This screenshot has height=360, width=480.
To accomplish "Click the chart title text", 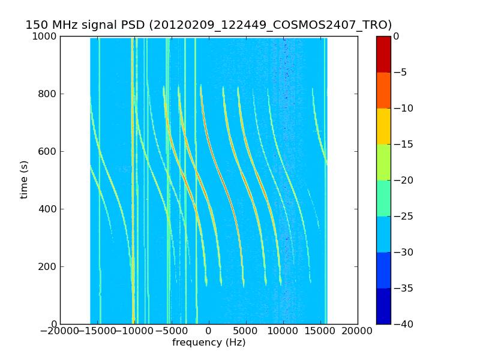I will [x=208, y=25].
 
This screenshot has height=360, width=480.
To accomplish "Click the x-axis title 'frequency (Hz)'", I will [x=209, y=343].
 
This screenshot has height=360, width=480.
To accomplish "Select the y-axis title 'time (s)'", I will [x=24, y=179].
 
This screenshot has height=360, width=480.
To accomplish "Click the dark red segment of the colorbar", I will [x=383, y=54].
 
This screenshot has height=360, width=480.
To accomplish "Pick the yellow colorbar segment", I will [x=383, y=126].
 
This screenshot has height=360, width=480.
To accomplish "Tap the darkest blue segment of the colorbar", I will [x=383, y=306].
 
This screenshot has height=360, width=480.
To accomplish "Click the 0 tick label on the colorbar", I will [x=397, y=36].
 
